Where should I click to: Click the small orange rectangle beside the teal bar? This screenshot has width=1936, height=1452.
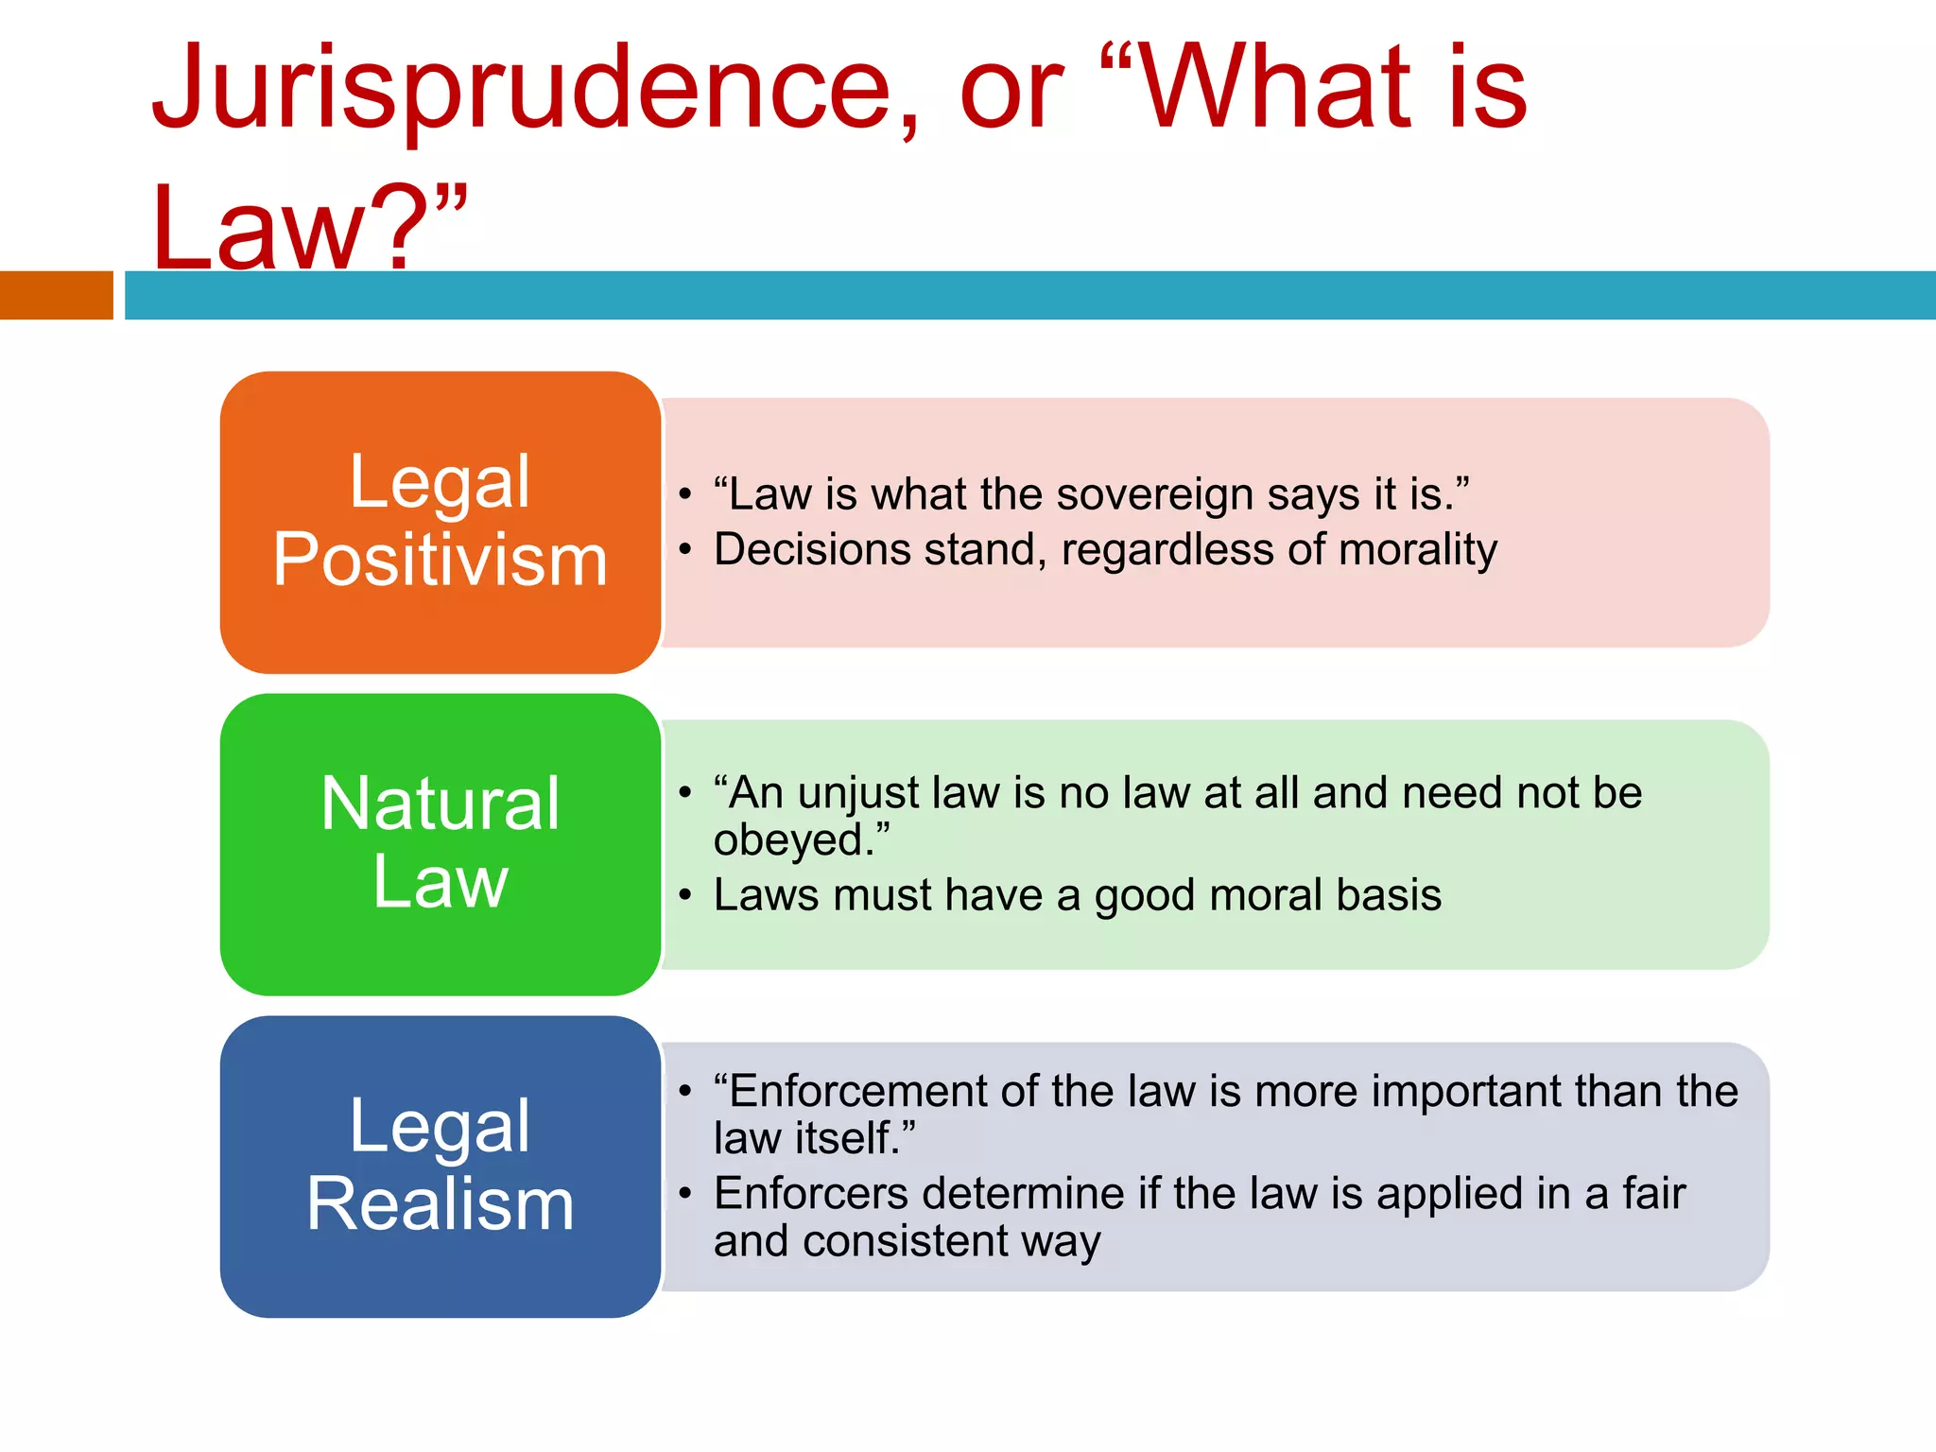point(56,295)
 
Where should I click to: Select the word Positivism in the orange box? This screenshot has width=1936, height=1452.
point(440,560)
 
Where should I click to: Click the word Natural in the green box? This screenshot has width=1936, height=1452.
point(440,804)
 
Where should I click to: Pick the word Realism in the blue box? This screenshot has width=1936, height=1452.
point(440,1203)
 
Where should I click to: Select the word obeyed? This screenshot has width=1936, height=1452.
point(796,840)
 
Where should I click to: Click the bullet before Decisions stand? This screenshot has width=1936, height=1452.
point(685,549)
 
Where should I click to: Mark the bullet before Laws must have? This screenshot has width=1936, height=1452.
point(685,894)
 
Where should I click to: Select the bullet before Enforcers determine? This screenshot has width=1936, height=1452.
point(685,1193)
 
